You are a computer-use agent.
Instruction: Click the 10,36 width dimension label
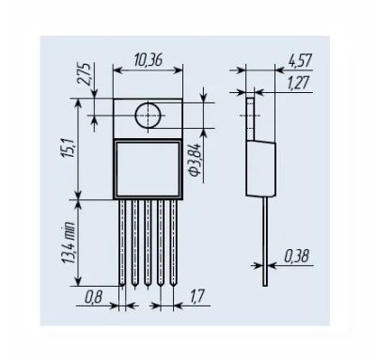click(149, 60)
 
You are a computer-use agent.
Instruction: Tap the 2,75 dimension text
click(85, 74)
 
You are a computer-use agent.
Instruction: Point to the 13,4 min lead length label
click(69, 243)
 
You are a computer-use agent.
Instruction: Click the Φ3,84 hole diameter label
click(196, 160)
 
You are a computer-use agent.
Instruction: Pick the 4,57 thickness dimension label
click(300, 60)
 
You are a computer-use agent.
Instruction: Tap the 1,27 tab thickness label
click(299, 83)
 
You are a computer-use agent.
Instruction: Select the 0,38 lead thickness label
click(296, 256)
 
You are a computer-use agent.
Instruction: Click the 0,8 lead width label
click(94, 296)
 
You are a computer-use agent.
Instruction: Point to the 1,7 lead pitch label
click(197, 296)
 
